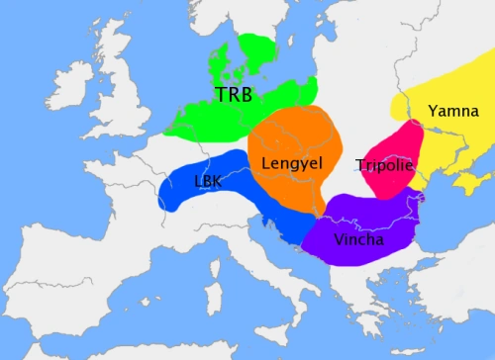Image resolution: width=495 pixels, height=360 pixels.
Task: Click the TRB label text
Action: [x=233, y=95]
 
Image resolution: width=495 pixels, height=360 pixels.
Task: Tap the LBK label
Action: [x=209, y=182]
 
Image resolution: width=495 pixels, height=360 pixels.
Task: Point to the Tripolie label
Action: [x=385, y=165]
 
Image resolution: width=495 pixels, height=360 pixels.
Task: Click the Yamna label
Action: [x=452, y=110]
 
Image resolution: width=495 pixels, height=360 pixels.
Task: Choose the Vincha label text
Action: [x=359, y=239]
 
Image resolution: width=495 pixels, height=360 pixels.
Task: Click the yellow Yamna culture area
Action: [x=445, y=138]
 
